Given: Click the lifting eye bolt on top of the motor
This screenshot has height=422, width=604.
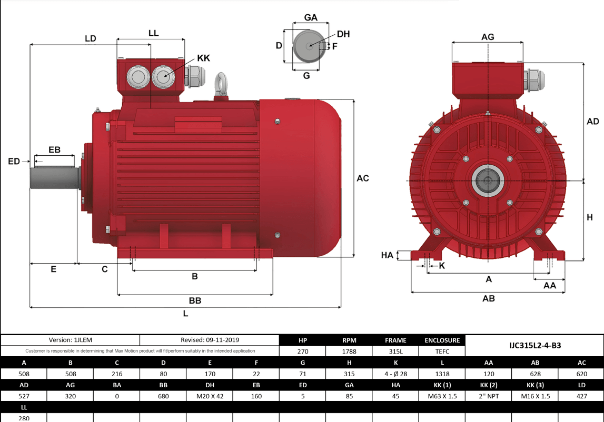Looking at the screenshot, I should (220, 85).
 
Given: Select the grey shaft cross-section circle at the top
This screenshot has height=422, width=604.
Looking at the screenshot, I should (306, 46).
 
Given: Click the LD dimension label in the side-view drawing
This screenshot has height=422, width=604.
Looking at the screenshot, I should (90, 38).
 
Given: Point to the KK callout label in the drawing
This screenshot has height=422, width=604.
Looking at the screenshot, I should (203, 58).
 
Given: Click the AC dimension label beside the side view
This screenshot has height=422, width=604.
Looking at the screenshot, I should (363, 178).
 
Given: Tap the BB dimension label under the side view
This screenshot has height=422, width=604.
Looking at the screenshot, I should (195, 300).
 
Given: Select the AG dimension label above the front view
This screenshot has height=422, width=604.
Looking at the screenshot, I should (488, 37).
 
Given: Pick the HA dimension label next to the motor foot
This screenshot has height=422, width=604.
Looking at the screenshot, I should (387, 255).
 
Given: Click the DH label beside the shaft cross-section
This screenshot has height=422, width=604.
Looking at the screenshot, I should (343, 34).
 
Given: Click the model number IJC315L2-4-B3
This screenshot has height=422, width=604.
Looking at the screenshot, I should (534, 345).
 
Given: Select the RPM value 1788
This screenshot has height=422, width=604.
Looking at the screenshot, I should (349, 351).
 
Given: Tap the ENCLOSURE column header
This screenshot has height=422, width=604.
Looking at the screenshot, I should (442, 340).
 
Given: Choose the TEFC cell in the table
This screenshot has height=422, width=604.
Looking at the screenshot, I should (442, 351).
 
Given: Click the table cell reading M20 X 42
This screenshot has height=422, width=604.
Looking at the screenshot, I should (210, 396).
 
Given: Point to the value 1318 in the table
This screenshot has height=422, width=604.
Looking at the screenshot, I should (442, 374).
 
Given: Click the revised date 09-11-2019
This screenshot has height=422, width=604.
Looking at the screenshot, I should (210, 340).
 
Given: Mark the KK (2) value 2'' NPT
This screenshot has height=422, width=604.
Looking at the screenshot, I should (489, 396).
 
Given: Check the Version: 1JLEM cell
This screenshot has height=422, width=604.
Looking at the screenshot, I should (71, 340).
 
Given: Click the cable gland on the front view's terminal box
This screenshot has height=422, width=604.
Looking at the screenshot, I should (534, 82).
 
